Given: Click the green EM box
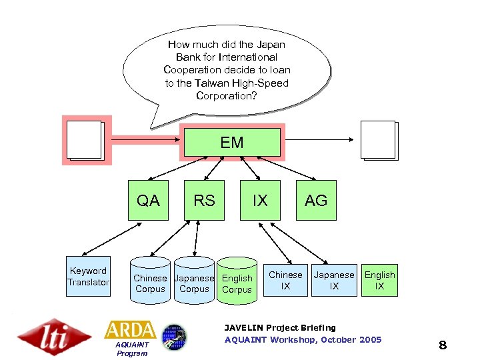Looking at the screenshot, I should click(232, 142).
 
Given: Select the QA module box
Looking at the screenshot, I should click(148, 200).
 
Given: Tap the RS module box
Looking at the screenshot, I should click(204, 200).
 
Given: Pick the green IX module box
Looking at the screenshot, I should click(260, 200).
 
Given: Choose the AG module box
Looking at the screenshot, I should click(316, 200).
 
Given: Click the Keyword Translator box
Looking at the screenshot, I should click(88, 277).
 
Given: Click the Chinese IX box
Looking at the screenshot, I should click(285, 280).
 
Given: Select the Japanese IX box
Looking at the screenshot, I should click(334, 280).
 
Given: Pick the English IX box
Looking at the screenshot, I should click(379, 280).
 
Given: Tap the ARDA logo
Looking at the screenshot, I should click(130, 330).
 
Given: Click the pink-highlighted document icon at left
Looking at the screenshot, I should click(86, 140).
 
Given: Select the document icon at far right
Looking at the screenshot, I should click(379, 140).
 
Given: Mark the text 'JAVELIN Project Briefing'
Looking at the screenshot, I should click(280, 327).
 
